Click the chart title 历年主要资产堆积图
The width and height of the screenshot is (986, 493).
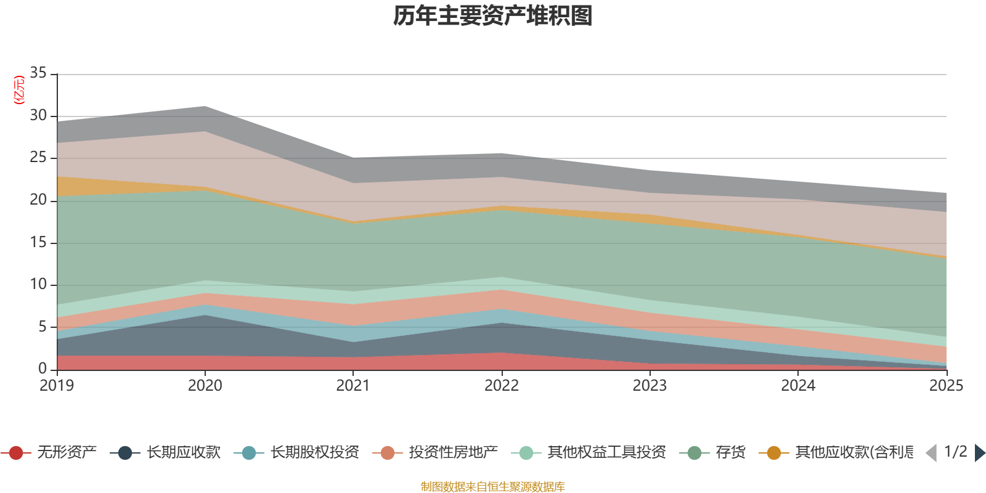coord(493,16)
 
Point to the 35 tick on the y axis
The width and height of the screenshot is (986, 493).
coord(38,73)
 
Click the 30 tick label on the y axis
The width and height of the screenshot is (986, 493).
coord(38,116)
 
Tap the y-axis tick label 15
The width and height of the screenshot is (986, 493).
coord(38,242)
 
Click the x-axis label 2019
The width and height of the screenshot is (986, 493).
coord(57,386)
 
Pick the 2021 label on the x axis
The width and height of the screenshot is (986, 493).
coord(353,386)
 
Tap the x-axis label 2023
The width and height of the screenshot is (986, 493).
coord(650,386)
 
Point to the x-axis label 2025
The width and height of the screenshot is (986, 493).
coord(946,386)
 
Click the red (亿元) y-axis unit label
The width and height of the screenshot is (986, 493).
coord(19,90)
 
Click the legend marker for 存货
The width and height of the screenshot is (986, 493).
coord(695,453)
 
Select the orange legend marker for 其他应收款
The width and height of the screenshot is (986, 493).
coord(774,453)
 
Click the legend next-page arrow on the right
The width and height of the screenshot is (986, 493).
coord(980,453)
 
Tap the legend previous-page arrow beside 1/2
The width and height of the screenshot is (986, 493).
coord(931,453)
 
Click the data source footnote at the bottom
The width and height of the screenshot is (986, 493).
coord(493,487)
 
